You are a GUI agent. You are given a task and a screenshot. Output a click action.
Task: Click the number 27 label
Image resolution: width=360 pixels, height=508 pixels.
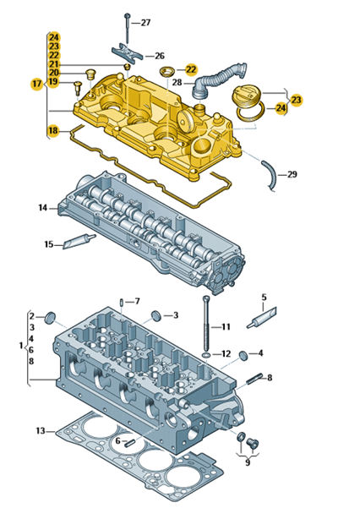coord(145,22)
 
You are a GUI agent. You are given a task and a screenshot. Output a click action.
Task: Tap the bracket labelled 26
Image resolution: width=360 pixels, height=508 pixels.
coord(128,53)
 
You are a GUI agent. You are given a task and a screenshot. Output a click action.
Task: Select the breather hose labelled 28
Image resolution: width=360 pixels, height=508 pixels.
coord(218,79)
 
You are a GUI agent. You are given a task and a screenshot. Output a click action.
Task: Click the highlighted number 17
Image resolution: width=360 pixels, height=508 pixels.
coord(37,84)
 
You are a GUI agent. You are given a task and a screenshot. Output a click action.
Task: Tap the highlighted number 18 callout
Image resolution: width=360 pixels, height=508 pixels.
coord(53,130)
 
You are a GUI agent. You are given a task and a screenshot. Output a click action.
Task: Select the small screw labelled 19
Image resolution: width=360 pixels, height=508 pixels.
coord(78,87)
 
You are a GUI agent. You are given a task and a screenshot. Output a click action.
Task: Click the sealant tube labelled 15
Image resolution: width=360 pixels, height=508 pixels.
coord(79,242)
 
